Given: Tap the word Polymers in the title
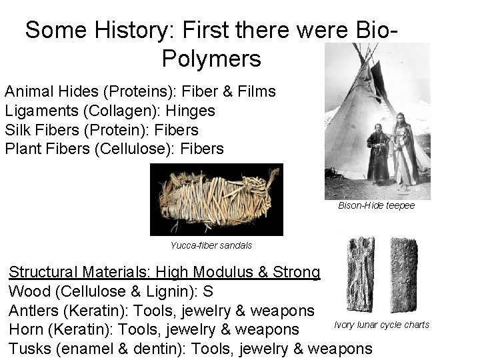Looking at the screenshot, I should pos(211,59).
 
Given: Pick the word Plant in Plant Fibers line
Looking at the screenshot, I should pos(24,147).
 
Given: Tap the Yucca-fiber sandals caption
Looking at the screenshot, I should pos(211,245).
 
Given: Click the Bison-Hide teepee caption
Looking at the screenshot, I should pos(377,205).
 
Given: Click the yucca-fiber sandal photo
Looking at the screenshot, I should pos(216,199).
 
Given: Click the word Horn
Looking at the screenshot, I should pos(26,329).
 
